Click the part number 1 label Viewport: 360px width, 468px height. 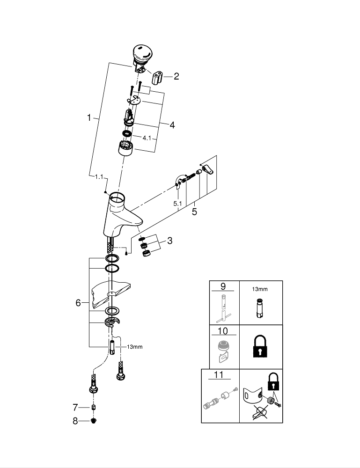tap(89, 118)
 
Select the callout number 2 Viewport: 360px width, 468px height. tap(176, 76)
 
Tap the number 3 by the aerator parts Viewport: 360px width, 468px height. tap(169, 241)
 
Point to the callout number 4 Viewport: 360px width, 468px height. tap(172, 125)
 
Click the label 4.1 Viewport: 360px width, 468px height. tap(147, 138)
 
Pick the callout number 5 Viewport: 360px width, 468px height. tap(194, 212)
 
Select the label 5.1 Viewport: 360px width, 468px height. tap(177, 204)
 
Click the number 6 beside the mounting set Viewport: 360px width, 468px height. tap(78, 303)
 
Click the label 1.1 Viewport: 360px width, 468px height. tap(99, 177)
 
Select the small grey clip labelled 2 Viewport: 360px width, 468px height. tap(157, 77)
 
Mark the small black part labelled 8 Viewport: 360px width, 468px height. tap(94, 421)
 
